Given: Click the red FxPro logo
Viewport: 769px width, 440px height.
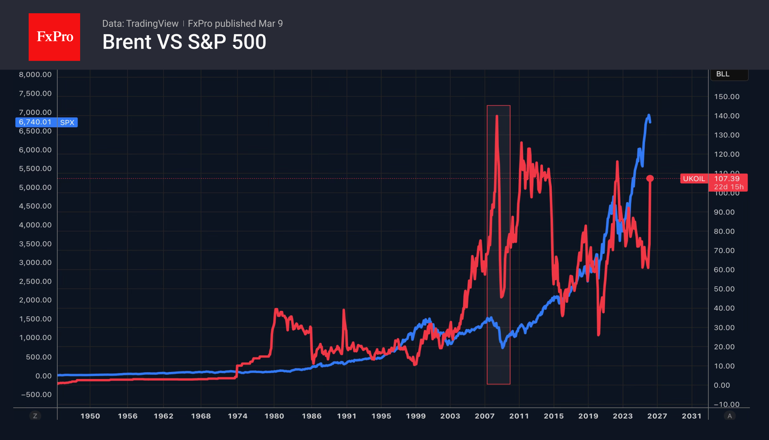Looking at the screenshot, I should [x=54, y=37].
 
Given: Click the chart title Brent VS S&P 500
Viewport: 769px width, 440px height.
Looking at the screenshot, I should [x=184, y=42].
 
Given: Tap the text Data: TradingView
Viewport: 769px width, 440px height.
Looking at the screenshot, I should [x=140, y=24].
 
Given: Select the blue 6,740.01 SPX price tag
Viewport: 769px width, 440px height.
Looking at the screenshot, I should [x=46, y=122].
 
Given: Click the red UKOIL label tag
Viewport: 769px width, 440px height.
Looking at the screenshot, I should [x=694, y=178].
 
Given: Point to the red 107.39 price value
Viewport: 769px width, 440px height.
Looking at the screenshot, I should [x=727, y=178].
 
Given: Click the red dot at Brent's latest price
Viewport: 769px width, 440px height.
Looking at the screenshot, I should [x=650, y=178].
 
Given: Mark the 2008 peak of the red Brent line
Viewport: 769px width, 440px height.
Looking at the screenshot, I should [x=497, y=116].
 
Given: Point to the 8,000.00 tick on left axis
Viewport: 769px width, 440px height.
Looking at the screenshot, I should [x=35, y=74].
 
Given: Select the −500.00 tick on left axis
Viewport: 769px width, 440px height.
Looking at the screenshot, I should [x=36, y=394].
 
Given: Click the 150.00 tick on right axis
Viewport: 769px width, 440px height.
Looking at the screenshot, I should [x=726, y=96].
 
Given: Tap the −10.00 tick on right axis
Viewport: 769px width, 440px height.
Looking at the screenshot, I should [x=726, y=404].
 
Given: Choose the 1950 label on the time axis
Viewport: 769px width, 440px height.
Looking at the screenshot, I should [x=90, y=416].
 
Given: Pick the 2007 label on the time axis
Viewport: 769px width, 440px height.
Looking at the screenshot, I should [x=484, y=416].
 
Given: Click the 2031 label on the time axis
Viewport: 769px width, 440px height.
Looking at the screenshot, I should [x=691, y=416].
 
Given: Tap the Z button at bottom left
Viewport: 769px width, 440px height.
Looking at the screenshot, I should [x=35, y=416].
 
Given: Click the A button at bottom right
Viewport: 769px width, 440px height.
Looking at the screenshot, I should [x=730, y=416].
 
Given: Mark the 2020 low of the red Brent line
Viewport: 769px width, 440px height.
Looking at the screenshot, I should [x=598, y=334].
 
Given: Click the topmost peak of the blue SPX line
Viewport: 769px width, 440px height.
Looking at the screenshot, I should [x=649, y=115].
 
